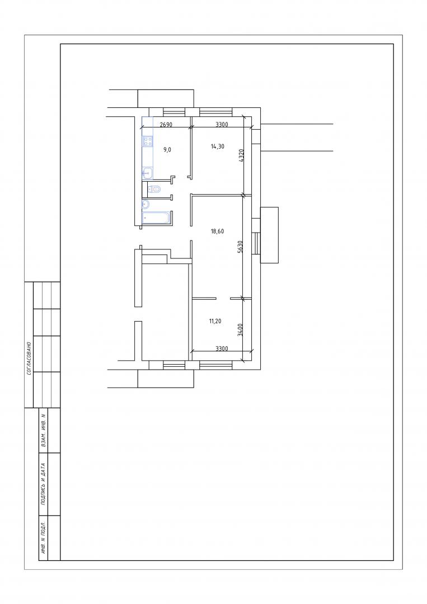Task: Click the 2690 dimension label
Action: (166, 124)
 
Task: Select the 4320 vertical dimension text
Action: (242, 156)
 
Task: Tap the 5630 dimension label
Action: (240, 246)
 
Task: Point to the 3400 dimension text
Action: (241, 330)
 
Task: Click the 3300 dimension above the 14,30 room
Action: (222, 124)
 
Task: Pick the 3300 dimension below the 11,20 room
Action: (222, 348)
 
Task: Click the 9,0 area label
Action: (167, 150)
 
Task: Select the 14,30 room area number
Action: (217, 147)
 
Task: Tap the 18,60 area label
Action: (217, 232)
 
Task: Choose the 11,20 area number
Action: (215, 321)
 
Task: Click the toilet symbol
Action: (154, 189)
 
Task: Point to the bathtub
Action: (156, 218)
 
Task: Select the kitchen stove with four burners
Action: (147, 141)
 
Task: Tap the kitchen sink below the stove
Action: (147, 173)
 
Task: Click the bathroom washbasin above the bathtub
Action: (146, 204)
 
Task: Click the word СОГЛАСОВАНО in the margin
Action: (29, 358)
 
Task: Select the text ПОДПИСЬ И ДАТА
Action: (43, 484)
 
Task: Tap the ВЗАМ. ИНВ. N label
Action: (43, 430)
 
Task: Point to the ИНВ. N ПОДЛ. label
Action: (43, 538)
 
